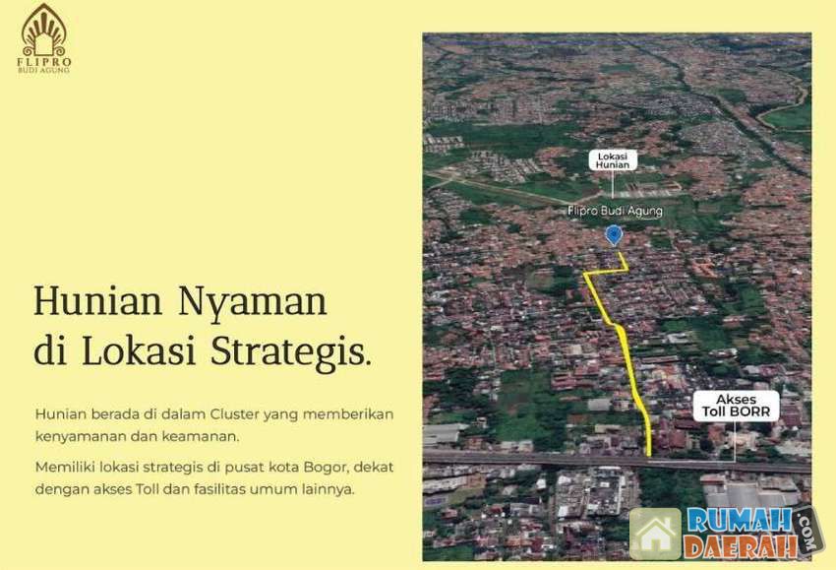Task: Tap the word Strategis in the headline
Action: point(290,353)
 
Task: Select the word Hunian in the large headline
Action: point(97,300)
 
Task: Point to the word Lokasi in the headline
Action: point(139,351)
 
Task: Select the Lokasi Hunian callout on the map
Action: point(613,160)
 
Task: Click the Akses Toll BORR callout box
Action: point(736,406)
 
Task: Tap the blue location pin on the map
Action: point(614,235)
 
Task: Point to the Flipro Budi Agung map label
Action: point(615,212)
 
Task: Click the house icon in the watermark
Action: point(655,535)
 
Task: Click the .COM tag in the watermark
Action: point(808,531)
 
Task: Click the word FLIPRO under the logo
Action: point(43,62)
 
